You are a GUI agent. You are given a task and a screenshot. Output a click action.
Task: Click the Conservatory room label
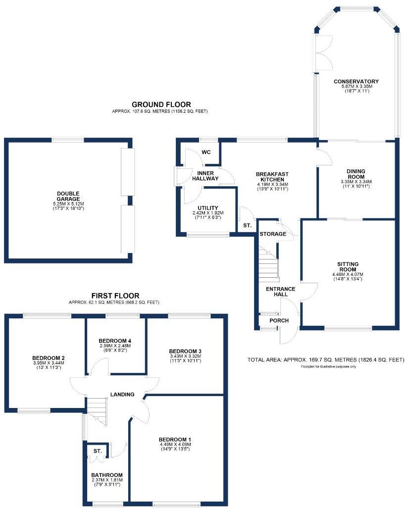(356, 82)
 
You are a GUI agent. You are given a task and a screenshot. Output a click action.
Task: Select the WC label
(206, 152)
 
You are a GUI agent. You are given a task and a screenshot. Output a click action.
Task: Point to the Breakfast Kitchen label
(272, 177)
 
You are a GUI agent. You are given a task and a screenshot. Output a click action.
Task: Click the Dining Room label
(356, 174)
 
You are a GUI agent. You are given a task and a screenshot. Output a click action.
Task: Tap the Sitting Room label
(348, 267)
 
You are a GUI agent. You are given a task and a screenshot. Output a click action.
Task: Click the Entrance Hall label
(280, 292)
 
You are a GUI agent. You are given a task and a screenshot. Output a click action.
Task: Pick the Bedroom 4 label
(115, 341)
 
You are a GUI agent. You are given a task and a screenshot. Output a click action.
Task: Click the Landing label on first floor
(122, 395)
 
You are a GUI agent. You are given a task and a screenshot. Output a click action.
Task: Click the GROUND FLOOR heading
(161, 104)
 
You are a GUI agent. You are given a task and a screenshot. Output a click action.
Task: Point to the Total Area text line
(326, 359)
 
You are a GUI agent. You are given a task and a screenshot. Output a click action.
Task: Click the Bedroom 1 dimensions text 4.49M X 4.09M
(175, 445)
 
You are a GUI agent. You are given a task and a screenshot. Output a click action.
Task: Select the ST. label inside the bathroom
(97, 451)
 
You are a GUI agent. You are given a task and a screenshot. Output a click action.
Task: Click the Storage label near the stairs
(272, 234)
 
